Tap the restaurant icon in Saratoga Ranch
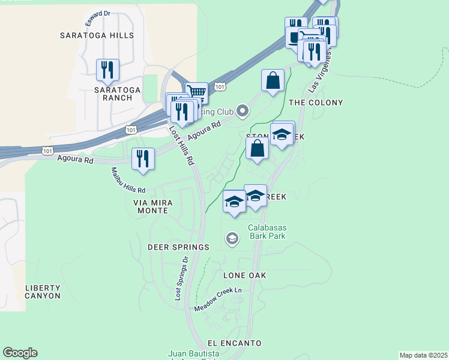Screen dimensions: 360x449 (x=107, y=70)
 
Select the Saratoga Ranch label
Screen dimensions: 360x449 (x=117, y=94)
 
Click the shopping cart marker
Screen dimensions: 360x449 (x=196, y=92)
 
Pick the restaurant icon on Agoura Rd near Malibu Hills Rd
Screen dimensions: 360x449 (x=143, y=159)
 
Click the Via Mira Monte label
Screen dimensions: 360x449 (x=152, y=207)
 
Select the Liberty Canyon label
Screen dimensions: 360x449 (x=43, y=292)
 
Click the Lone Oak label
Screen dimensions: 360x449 (x=244, y=275)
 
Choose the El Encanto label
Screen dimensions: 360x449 (x=235, y=343)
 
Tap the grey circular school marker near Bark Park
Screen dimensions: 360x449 (x=232, y=239)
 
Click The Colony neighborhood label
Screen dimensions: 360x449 (x=316, y=103)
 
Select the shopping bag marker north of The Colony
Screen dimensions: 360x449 (x=273, y=80)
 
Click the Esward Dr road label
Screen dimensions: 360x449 (x=98, y=14)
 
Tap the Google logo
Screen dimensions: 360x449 (x=20, y=353)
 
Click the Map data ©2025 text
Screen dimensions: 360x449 (x=423, y=355)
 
